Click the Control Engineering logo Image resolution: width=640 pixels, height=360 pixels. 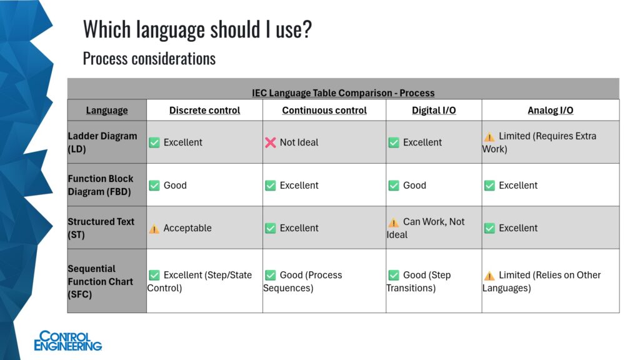(x=67, y=341)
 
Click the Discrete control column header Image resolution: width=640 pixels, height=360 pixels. (x=204, y=110)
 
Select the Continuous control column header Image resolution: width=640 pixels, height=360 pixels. (x=324, y=110)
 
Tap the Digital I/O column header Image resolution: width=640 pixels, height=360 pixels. (x=434, y=110)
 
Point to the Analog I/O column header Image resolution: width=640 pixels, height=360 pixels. (x=550, y=110)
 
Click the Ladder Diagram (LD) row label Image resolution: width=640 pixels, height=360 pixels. (x=102, y=142)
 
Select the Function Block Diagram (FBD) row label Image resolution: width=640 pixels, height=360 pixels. (x=101, y=185)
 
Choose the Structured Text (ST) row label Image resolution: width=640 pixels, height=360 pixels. (x=101, y=227)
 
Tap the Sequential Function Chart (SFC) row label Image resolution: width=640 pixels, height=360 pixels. (x=101, y=281)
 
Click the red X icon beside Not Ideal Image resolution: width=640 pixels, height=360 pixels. (x=270, y=142)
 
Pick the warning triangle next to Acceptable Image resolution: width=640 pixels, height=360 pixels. (x=154, y=229)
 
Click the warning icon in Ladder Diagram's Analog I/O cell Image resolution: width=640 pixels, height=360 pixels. (x=489, y=137)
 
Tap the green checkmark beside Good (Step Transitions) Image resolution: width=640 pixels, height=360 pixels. (x=394, y=275)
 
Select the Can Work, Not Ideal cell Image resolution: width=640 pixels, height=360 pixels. (x=426, y=227)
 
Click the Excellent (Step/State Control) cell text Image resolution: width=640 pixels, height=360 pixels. (x=199, y=281)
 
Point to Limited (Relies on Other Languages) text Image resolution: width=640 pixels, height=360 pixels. (x=542, y=281)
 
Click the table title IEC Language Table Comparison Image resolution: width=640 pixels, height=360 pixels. (x=343, y=92)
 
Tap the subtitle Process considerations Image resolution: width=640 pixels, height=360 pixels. (x=149, y=58)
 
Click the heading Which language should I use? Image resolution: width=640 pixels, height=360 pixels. (x=197, y=29)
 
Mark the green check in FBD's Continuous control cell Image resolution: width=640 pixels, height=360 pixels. (x=270, y=185)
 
